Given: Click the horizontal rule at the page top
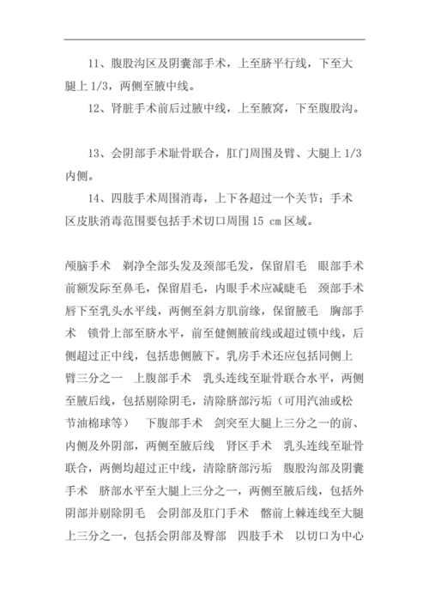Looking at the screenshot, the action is [214, 39].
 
